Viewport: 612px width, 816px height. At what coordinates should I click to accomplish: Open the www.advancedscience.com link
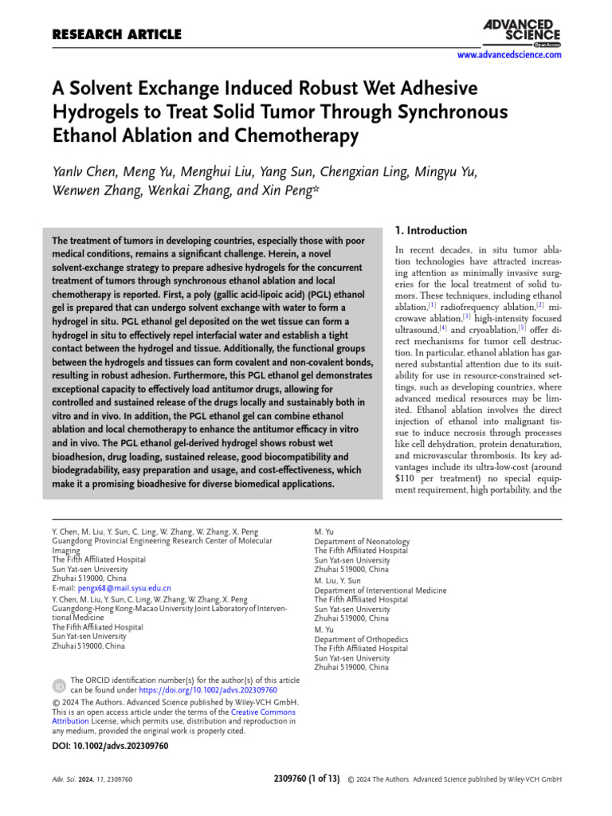pyautogui.click(x=508, y=55)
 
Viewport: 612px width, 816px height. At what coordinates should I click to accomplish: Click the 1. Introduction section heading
pyautogui.click(x=431, y=230)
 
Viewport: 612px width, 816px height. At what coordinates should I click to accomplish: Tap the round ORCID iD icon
pyautogui.click(x=59, y=685)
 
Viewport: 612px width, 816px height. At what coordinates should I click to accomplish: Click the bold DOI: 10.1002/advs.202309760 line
pyautogui.click(x=105, y=746)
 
